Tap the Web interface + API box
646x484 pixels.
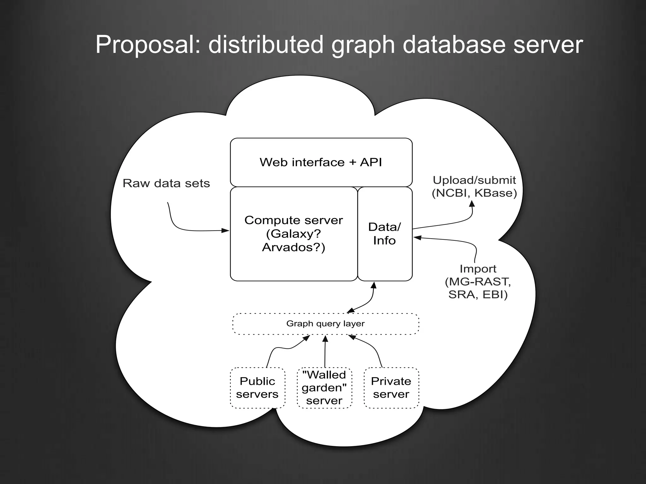tap(321, 162)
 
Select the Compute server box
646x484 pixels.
tap(293, 233)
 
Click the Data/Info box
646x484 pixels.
tap(385, 234)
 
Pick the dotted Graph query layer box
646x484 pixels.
tap(325, 324)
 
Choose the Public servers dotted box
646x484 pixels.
tap(257, 388)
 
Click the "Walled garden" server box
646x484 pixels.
tap(324, 388)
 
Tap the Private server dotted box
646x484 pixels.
tap(391, 388)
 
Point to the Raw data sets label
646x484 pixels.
tap(166, 183)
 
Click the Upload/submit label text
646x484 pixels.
tap(474, 180)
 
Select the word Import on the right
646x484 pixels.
tap(478, 269)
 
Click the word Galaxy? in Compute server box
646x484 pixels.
tap(293, 234)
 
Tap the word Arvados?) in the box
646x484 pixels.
tap(293, 247)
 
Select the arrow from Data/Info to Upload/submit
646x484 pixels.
tap(448, 224)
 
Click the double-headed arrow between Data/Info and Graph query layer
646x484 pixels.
tap(367, 302)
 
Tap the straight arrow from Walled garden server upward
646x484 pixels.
tap(325, 351)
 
